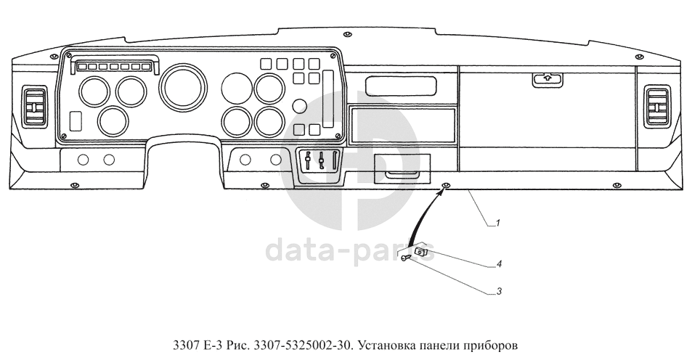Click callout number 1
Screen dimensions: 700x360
pos(498,224)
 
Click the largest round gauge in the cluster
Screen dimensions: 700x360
pos(179,85)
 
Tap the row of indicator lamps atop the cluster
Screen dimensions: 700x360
pos(113,67)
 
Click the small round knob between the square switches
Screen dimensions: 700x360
pos(298,106)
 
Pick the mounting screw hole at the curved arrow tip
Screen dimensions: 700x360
pos(445,187)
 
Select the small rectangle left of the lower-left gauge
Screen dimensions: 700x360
pos(75,119)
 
